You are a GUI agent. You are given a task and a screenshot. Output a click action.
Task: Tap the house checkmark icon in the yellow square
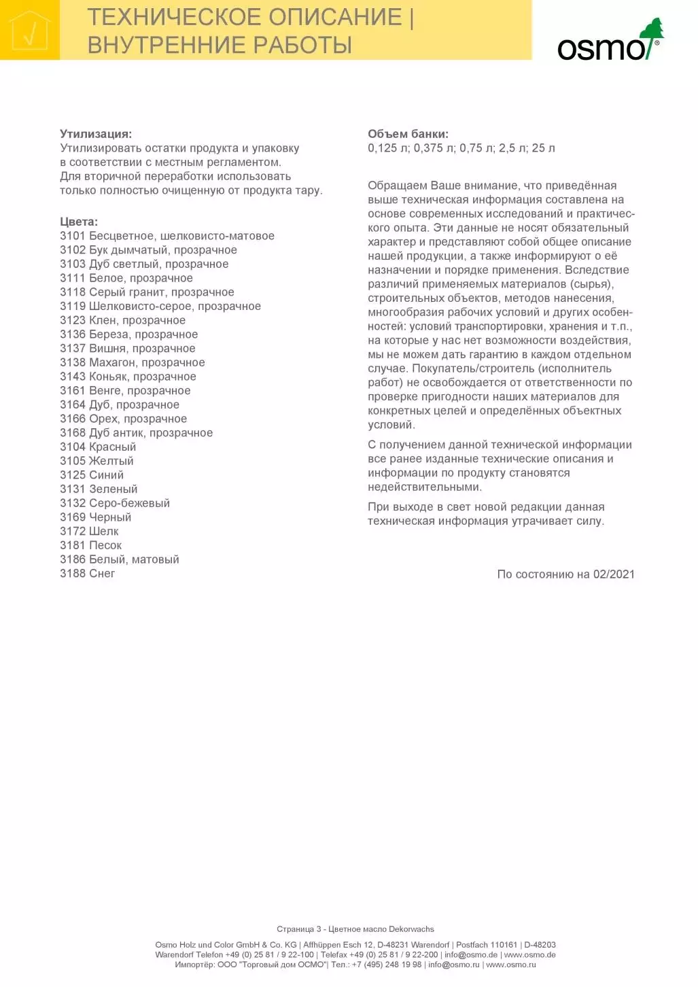29,31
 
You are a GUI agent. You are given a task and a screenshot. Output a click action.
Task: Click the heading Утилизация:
96,134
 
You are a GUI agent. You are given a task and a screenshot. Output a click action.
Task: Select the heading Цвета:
79,222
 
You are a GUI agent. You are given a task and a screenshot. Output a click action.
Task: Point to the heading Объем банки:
408,134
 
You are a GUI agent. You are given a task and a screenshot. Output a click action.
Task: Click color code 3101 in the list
73,236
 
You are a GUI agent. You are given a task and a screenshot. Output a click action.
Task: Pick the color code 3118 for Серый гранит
73,292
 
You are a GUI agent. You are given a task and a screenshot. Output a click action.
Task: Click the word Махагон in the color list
113,362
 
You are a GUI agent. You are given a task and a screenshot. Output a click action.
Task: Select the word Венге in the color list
105,391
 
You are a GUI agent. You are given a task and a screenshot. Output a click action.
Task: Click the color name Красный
112,447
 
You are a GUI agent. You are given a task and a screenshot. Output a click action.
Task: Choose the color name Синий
106,475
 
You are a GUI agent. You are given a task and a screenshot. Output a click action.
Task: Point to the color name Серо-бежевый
129,503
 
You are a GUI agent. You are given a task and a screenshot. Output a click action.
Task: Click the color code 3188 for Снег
73,574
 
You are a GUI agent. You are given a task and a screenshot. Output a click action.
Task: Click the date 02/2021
614,574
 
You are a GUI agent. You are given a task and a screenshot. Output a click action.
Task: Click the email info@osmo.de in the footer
471,955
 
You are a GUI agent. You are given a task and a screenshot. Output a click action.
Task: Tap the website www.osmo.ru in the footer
510,965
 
